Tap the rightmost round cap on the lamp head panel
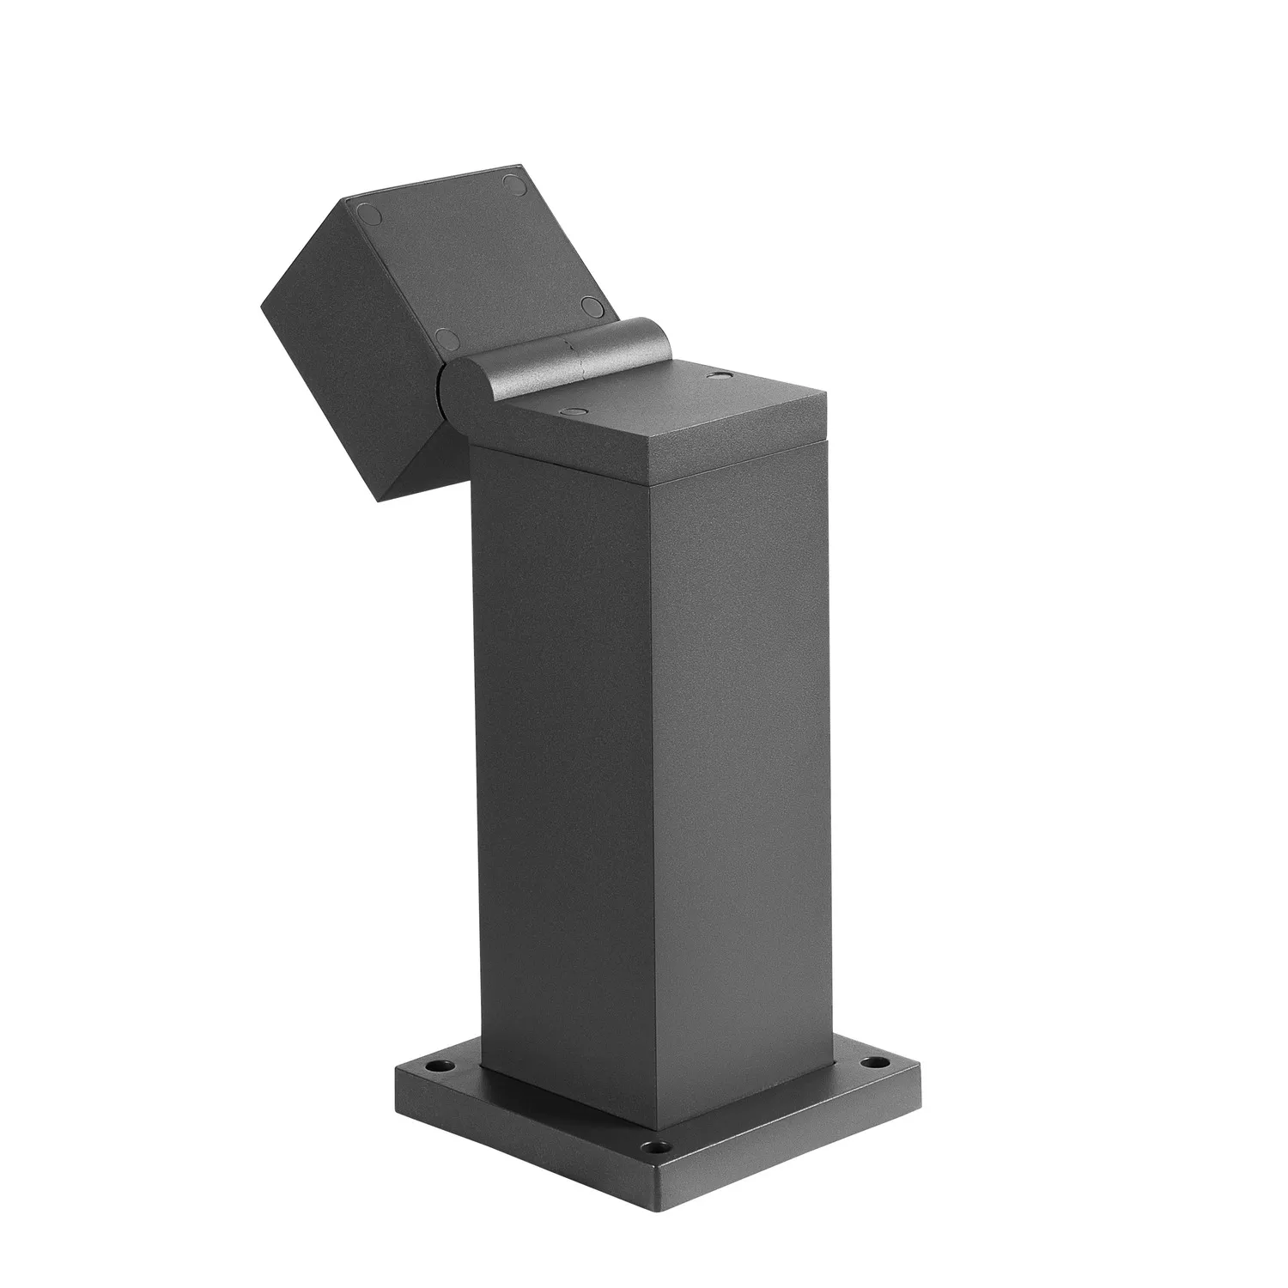click(590, 305)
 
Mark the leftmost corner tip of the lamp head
click(262, 305)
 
